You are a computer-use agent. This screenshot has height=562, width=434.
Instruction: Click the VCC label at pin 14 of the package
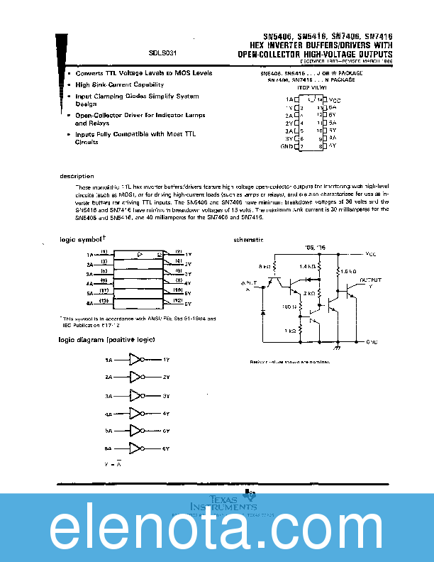pyautogui.click(x=335, y=100)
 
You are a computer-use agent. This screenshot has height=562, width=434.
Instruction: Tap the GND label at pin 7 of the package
pyautogui.click(x=286, y=145)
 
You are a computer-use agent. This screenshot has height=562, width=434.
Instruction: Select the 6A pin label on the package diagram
pyautogui.click(x=332, y=107)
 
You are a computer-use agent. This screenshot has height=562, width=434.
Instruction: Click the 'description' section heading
pyautogui.click(x=76, y=176)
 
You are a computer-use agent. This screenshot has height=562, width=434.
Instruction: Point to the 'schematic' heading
pyautogui.click(x=248, y=241)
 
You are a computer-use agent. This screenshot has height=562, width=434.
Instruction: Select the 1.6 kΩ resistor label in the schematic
pyautogui.click(x=347, y=272)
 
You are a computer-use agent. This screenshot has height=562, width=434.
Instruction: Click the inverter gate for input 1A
pyautogui.click(x=135, y=360)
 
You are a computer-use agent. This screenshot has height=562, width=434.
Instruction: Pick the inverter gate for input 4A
pyautogui.click(x=135, y=413)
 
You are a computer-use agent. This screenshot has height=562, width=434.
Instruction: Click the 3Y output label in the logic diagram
pyautogui.click(x=166, y=395)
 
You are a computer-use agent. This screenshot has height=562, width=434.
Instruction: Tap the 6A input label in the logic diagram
pyautogui.click(x=108, y=448)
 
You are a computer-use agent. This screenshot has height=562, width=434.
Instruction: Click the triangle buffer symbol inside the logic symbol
pyautogui.click(x=140, y=253)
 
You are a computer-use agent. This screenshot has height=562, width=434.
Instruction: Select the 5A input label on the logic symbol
pyautogui.click(x=90, y=292)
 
